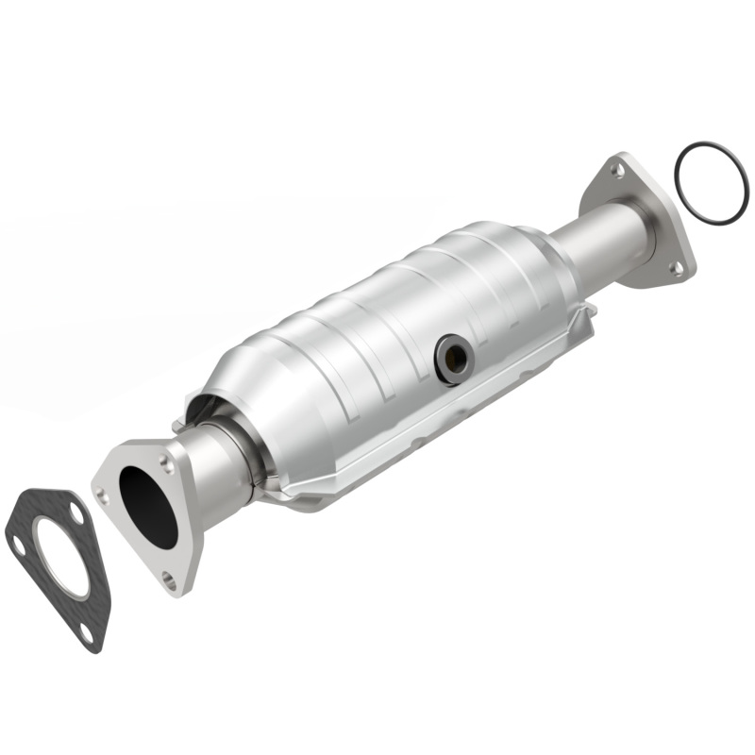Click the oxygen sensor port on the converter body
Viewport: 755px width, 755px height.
pos(454,357)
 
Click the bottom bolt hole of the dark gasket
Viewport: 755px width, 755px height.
pos(88,631)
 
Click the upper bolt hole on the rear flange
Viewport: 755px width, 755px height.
pos(617,171)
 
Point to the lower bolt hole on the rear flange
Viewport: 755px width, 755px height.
pos(675,267)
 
